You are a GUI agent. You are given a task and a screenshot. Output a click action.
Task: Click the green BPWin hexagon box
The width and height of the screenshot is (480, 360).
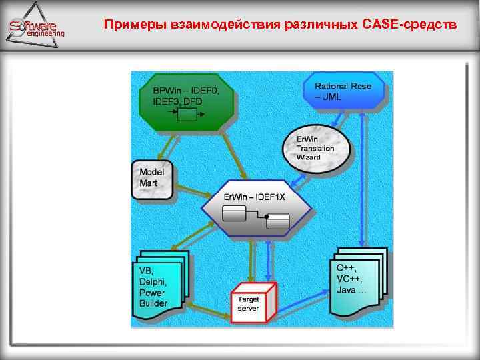pos(187,103)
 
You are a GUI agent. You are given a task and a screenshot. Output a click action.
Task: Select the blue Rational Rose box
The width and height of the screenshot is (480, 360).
pos(343,92)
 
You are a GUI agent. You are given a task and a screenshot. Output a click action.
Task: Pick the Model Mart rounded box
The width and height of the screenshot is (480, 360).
pos(153,179)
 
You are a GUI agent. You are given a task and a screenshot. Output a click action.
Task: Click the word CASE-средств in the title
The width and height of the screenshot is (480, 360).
pos(410,25)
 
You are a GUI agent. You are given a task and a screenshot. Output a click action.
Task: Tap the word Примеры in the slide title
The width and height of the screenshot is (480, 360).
pos(131,25)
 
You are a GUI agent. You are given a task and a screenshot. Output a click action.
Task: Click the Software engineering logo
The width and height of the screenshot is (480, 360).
pos(37,27)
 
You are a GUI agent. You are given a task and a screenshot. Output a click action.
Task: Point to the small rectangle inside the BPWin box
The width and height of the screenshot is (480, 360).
pos(187,115)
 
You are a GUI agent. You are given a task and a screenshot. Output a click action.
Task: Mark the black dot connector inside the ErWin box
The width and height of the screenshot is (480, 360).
pos(266,217)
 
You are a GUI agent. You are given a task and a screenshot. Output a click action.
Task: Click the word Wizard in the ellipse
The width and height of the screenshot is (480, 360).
pos(309,157)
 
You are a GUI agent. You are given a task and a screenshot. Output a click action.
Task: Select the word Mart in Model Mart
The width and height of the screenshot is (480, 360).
pos(148,183)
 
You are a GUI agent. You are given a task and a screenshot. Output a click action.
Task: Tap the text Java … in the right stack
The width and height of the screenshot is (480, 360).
pos(351,290)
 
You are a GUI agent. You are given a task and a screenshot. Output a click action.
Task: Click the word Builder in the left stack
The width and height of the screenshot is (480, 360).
pos(153,303)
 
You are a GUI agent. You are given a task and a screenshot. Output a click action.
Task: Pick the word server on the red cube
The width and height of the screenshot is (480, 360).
pos(248,309)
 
